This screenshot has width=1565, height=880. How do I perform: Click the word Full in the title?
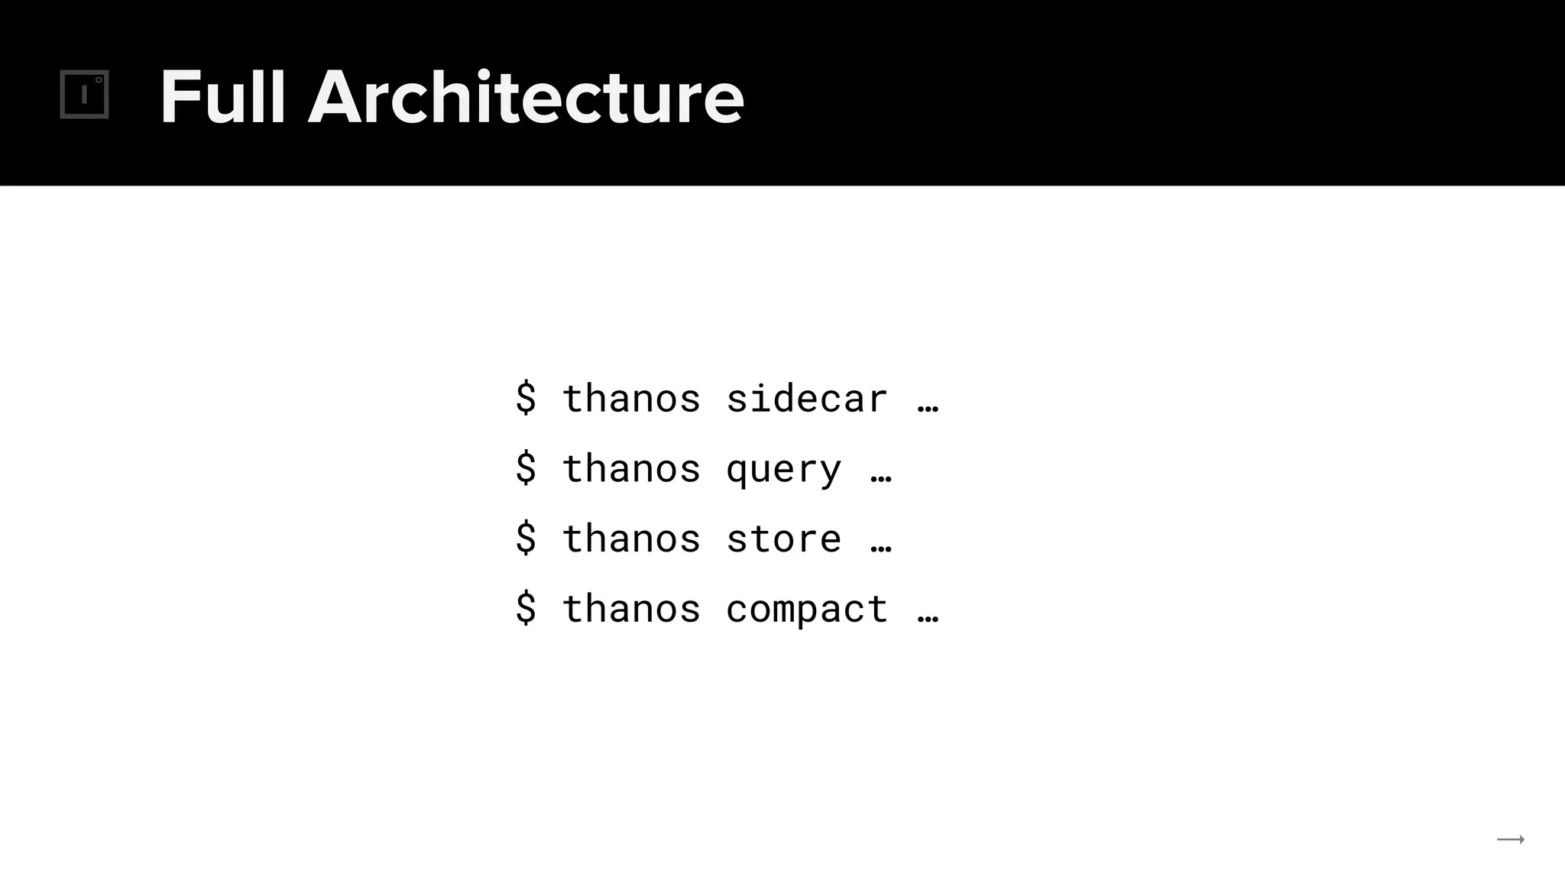click(x=222, y=97)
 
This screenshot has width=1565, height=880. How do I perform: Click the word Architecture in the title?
click(x=526, y=97)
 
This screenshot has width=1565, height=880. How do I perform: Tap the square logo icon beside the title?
click(x=85, y=95)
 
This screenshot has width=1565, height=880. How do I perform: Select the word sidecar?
click(x=806, y=399)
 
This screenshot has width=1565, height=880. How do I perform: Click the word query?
click(x=783, y=469)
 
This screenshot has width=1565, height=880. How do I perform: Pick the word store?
click(x=783, y=539)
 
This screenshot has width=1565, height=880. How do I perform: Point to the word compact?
click(x=806, y=610)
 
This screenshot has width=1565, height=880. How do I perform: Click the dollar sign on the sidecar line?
click(x=526, y=398)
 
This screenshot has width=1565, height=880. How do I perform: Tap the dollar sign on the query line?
click(x=526, y=468)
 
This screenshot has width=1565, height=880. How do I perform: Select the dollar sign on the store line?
click(x=526, y=539)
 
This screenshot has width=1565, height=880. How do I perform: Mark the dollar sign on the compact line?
click(x=526, y=609)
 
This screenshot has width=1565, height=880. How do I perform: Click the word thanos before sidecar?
click(x=631, y=399)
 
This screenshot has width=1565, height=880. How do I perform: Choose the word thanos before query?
click(x=631, y=469)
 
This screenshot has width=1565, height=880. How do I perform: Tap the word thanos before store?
click(x=631, y=539)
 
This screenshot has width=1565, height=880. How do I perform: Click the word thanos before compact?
click(x=631, y=610)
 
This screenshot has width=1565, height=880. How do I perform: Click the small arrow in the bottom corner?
click(x=1510, y=840)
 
